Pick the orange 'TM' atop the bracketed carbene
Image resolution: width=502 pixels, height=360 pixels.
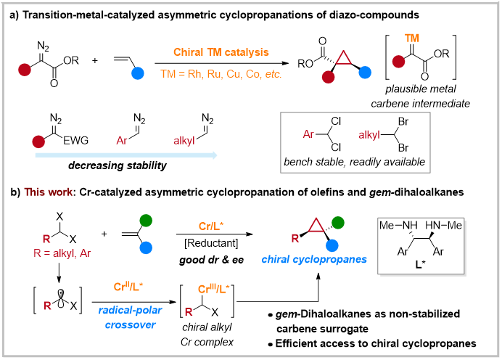tap(412, 36)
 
